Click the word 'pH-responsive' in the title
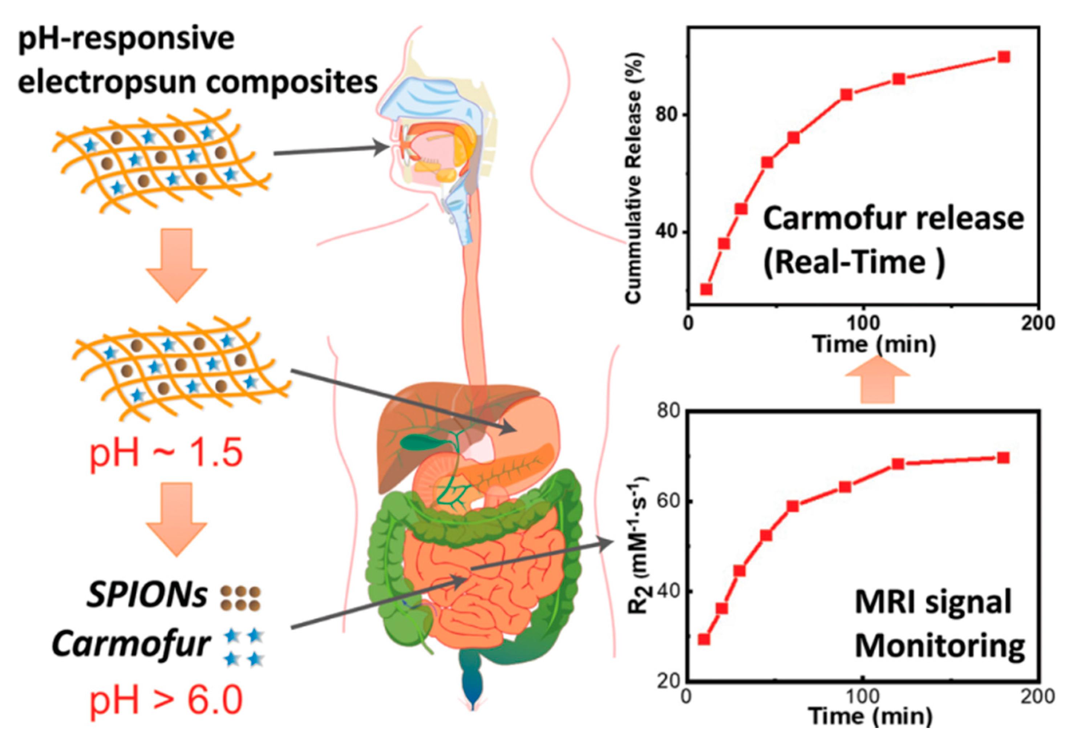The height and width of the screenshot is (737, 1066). pos(126,39)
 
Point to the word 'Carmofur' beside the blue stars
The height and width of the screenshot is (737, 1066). pos(131,644)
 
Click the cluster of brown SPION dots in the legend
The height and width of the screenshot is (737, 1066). pos(240,598)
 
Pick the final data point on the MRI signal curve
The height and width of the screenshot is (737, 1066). pos(1003,457)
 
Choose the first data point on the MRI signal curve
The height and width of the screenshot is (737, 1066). pos(704,639)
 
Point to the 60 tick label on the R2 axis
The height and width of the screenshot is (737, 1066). pos(666,501)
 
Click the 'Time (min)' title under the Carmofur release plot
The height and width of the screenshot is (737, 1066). pos(874,344)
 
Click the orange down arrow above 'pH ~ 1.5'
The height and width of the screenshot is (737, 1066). pos(177,265)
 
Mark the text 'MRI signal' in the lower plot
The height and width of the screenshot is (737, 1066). pos(933,602)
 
